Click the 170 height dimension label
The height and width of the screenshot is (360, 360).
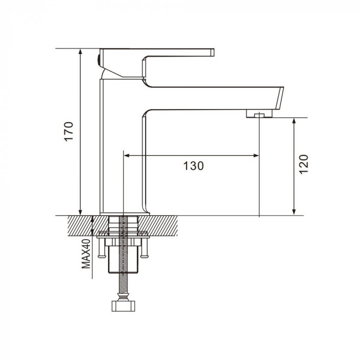pyautogui.click(x=69, y=131)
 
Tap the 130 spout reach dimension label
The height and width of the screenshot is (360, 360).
pyautogui.click(x=193, y=166)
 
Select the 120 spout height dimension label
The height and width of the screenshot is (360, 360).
pyautogui.click(x=304, y=165)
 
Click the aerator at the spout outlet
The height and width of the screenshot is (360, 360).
pyautogui.click(x=259, y=114)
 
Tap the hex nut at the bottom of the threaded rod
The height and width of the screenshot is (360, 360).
pyautogui.click(x=123, y=305)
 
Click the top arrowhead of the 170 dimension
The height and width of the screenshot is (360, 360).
pyautogui.click(x=80, y=51)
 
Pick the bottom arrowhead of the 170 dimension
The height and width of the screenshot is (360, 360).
pyautogui.click(x=80, y=212)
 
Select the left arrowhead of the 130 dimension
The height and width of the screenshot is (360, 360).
pyautogui.click(x=127, y=156)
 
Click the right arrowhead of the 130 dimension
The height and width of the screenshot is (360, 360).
pyautogui.click(x=256, y=156)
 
